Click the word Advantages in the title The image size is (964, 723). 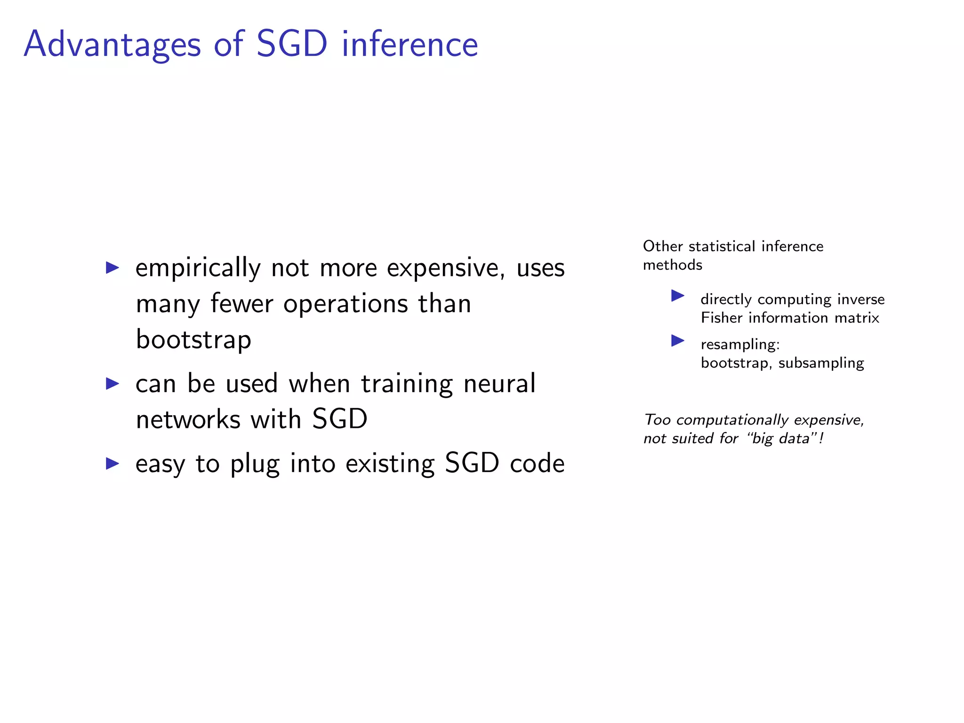[112, 45]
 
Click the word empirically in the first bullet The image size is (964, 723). [198, 268]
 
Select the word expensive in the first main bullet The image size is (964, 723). [445, 268]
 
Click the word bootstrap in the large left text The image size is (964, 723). [193, 339]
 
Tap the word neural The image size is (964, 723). [499, 383]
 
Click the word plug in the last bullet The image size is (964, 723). [255, 464]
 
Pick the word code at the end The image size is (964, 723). [537, 463]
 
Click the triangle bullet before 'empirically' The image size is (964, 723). [112, 268]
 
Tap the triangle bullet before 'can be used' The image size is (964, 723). [112, 383]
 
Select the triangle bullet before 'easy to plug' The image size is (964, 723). [112, 463]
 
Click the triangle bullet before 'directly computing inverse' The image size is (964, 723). [677, 296]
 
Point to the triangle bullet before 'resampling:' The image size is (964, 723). [677, 340]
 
